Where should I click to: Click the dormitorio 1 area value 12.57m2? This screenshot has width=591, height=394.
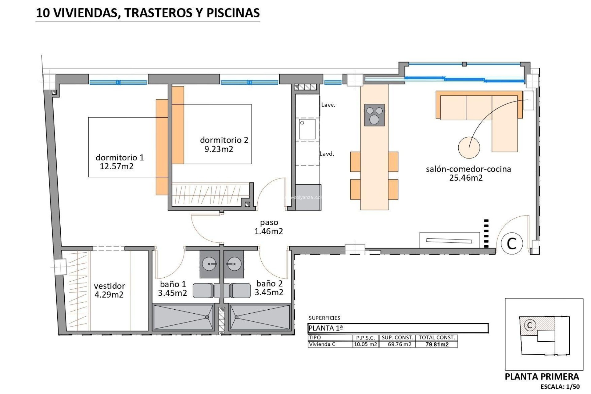(x=117, y=167)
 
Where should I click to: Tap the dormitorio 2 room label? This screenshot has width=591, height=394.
(x=224, y=140)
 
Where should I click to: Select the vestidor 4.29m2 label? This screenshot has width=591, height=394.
(x=109, y=290)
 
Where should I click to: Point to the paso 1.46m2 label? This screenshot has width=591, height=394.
(x=269, y=227)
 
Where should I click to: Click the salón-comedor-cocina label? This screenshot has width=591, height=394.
(x=468, y=169)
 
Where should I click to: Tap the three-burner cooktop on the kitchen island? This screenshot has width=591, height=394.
(x=374, y=115)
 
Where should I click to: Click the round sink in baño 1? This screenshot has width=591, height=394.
(x=209, y=264)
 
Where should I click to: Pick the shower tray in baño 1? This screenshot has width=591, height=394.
(x=183, y=317)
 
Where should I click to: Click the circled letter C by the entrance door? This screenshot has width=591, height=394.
(x=512, y=243)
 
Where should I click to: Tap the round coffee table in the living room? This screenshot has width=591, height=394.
(x=469, y=148)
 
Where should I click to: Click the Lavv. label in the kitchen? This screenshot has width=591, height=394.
(x=328, y=105)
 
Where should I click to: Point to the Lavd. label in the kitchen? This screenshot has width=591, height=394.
(x=327, y=154)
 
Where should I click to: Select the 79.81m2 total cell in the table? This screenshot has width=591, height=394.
(x=437, y=344)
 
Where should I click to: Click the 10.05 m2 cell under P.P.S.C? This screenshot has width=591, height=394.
(x=365, y=344)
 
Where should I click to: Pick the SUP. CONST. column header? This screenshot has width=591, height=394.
(x=397, y=338)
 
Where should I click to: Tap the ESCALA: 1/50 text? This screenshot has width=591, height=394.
(x=560, y=387)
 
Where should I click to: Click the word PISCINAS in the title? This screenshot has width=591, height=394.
(x=233, y=13)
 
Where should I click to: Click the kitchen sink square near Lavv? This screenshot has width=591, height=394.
(x=307, y=129)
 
